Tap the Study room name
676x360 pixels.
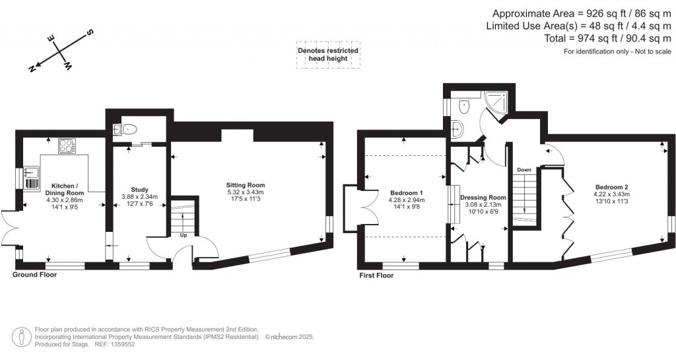[x=140, y=190]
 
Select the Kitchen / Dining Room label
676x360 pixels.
[x=65, y=190]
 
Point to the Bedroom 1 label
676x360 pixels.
[x=407, y=193]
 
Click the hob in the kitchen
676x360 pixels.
[x=67, y=146]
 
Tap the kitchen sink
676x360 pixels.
[x=31, y=173]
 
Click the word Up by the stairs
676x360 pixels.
[x=184, y=235]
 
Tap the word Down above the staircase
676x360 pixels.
[x=524, y=170]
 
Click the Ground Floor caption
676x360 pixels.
[x=34, y=275]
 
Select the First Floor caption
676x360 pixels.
[x=376, y=275]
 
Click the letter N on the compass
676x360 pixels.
[x=32, y=69]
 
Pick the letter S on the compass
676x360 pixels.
[x=91, y=32]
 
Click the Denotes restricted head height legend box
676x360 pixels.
[x=328, y=55]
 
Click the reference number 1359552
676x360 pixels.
[x=122, y=345]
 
